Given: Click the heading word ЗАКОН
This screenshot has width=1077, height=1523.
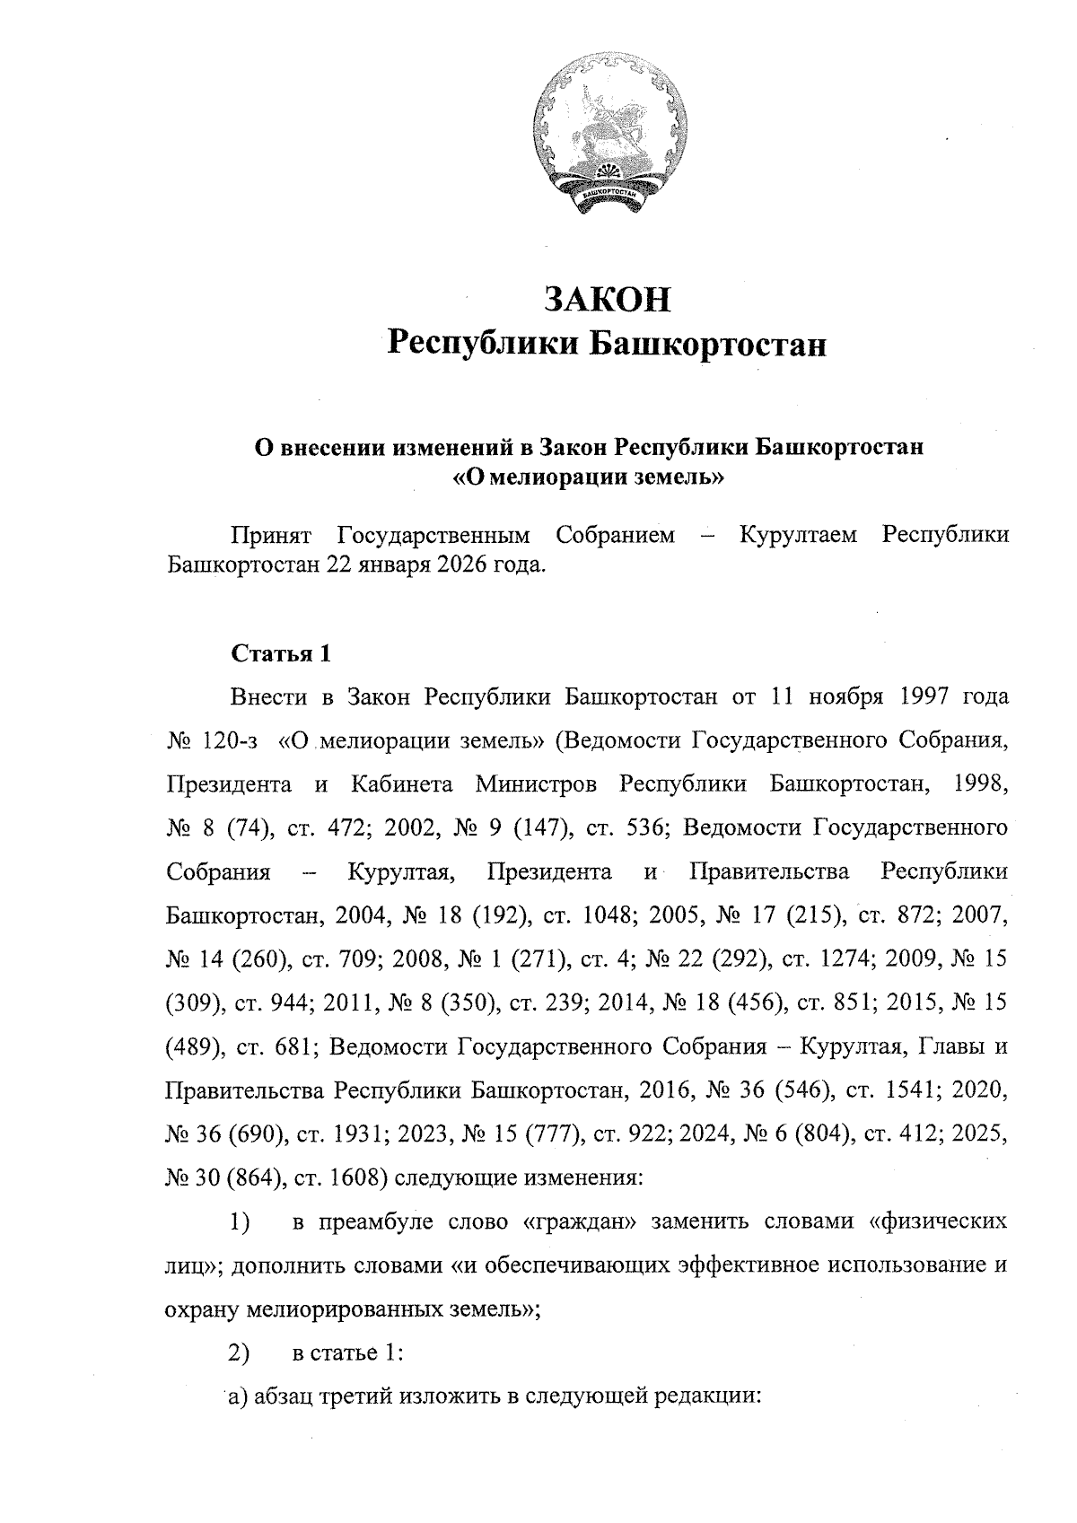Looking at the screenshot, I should [x=608, y=299].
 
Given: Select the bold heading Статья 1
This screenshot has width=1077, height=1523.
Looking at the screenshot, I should [x=281, y=653].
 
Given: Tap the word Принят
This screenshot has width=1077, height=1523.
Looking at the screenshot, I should [x=270, y=536].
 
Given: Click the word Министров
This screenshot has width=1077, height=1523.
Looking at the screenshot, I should [x=536, y=784].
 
